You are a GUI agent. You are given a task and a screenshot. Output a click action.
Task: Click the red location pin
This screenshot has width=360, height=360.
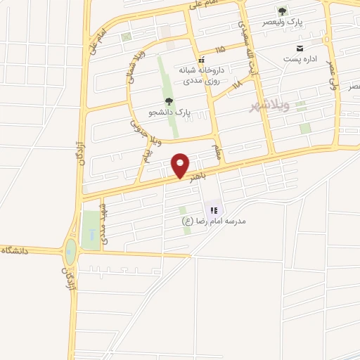tap(181, 166)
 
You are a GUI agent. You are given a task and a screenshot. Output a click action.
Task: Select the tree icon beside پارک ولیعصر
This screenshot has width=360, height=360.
tap(282, 11)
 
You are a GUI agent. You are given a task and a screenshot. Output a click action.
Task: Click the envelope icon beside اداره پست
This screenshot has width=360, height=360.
tap(300, 48)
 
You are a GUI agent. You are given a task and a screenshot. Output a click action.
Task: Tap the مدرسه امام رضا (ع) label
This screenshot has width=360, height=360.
tap(213, 221)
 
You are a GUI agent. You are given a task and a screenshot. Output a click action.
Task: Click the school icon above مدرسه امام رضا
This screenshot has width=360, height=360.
tap(214, 210)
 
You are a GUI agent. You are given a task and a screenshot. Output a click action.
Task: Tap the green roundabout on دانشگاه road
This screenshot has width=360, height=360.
tap(70, 249)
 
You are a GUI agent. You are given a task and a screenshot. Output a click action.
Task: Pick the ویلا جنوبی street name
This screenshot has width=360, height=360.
tap(138, 133)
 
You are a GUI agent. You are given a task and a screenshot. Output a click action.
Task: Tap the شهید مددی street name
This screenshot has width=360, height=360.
tap(105, 224)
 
